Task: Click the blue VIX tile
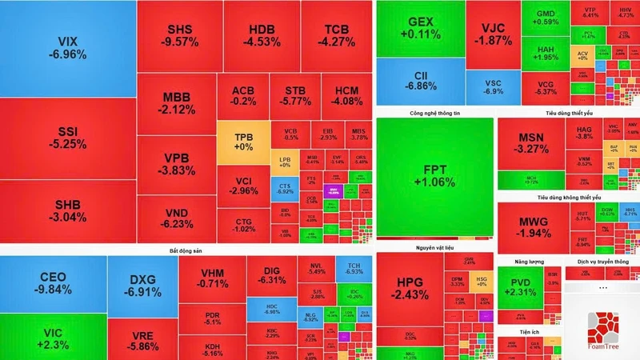tap(67, 48)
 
